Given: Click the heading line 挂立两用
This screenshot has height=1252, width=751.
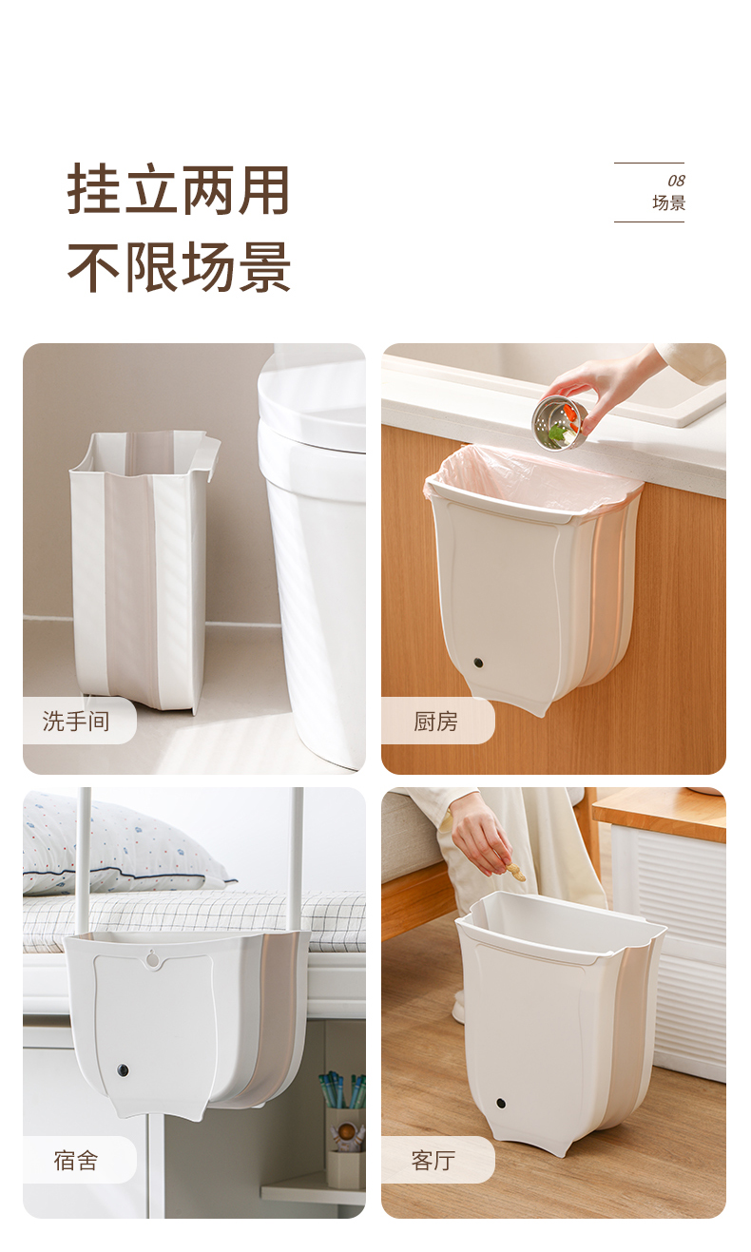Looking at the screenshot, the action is [179, 190].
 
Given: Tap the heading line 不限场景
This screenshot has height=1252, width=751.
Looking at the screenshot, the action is [179, 267].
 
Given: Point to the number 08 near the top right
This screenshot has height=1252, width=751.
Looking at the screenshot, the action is [676, 181].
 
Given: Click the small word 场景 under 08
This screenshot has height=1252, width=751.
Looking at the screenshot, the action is [669, 202].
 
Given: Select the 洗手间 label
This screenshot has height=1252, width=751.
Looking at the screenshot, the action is [76, 721].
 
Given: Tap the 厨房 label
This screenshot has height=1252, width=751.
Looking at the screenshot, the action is [435, 721].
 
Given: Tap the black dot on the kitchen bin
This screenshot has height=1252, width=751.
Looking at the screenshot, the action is [479, 663].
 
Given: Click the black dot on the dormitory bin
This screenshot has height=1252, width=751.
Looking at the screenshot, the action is [123, 1071].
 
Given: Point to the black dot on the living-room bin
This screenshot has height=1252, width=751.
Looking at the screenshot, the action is [501, 1104].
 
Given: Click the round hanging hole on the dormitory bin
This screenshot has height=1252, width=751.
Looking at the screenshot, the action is [152, 958].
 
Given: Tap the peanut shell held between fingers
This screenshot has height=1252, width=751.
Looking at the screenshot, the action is [514, 871].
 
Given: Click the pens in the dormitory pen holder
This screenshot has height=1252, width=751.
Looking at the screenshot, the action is [341, 1088].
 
